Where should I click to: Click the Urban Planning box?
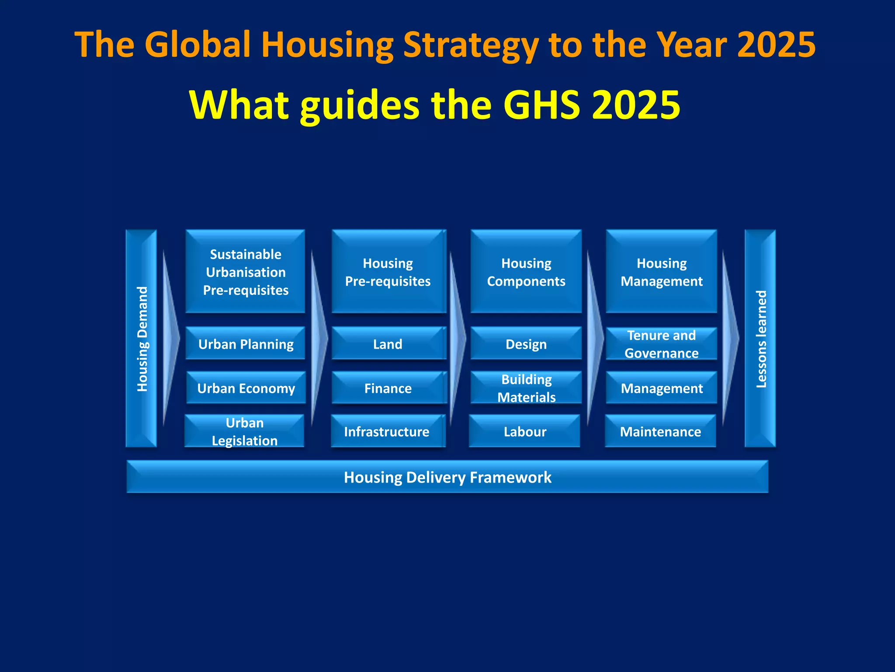[x=245, y=343]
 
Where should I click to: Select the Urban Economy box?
[x=246, y=388]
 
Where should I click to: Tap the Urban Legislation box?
[x=244, y=431]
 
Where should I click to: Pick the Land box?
[x=388, y=343]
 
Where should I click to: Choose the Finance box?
[x=388, y=388]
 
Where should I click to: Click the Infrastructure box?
[x=387, y=431]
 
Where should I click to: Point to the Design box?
[x=526, y=343]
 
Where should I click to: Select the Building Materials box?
[x=526, y=388]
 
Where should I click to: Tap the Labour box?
[x=524, y=431]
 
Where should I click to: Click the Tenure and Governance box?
[x=661, y=343]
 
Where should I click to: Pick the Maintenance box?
[x=660, y=431]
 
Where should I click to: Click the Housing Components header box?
[x=526, y=271]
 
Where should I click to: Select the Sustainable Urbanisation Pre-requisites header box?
[x=245, y=271]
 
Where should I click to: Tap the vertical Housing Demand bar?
[x=141, y=338]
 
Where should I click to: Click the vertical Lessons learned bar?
[x=760, y=338]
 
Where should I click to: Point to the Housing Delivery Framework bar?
[x=447, y=476]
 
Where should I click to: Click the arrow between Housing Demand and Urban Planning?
[x=170, y=338]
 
